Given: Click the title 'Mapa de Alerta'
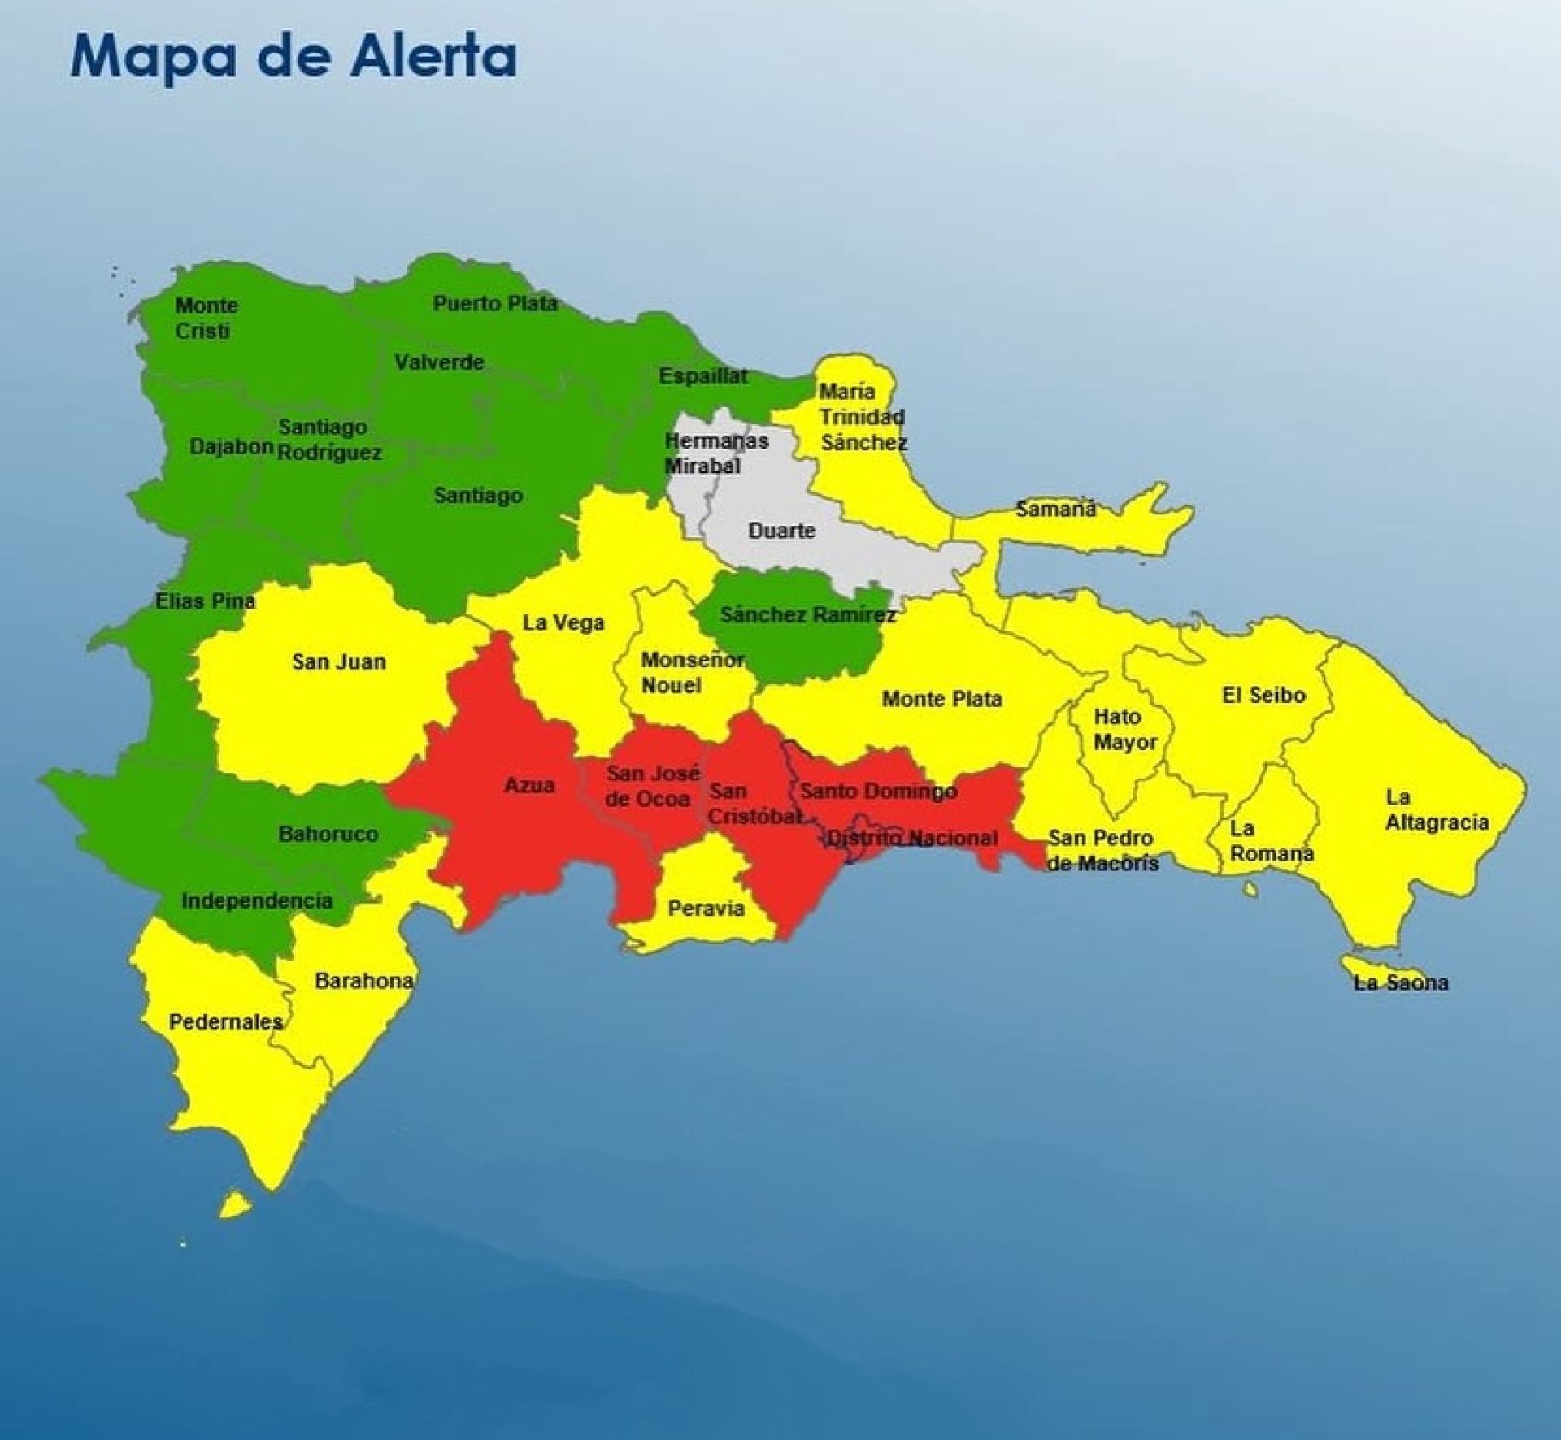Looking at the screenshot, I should point(294,56).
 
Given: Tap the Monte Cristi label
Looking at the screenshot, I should point(207,318).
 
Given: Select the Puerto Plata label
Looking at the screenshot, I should point(494,304).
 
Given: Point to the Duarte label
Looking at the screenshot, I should point(781,531).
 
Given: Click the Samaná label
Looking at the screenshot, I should point(1056,510).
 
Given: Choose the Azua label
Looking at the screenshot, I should point(529,785).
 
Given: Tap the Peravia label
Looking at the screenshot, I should point(706,908).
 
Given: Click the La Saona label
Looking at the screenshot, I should point(1400,982).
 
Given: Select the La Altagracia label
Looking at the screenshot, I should point(1437,809).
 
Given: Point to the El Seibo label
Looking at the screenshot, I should point(1263,695).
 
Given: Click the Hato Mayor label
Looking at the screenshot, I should point(1124,729).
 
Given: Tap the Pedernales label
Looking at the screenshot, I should point(226,1021).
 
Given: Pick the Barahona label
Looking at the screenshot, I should point(363,981).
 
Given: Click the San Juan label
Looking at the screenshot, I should point(338,661).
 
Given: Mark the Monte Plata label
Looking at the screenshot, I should point(941,699).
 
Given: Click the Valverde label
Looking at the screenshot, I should point(439,362).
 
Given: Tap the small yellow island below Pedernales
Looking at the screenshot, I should point(235,1204).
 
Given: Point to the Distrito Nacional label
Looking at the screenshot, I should point(911,838).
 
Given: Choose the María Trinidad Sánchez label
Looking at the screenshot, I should point(862,417).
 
